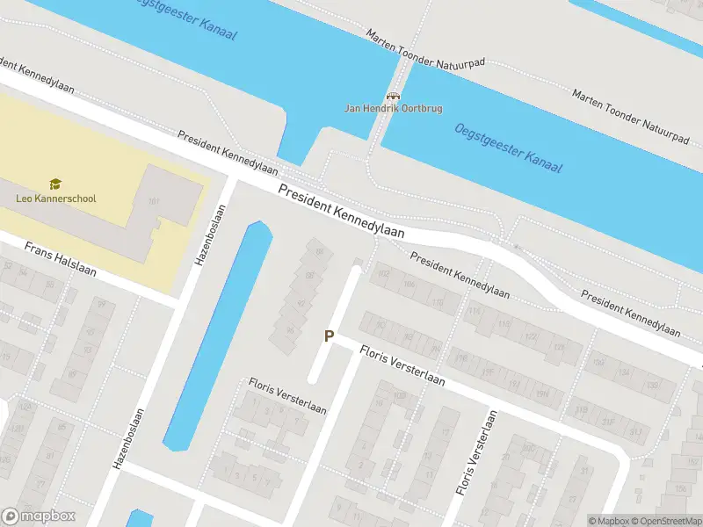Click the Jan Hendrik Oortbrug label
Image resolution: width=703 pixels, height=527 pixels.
point(393,108)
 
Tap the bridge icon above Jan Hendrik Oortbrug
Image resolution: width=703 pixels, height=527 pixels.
point(393,96)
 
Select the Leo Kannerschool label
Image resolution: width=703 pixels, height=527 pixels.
point(56,198)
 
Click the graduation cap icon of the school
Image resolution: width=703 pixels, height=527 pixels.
point(55,184)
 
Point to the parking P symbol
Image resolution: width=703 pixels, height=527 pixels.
point(330,336)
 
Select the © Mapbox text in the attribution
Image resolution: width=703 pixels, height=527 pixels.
point(609,521)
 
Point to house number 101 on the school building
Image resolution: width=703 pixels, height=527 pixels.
point(154,204)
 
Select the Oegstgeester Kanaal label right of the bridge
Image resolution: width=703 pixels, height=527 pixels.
point(508,148)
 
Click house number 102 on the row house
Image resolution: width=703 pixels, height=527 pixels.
point(383,273)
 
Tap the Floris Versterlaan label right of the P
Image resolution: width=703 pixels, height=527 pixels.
point(402,367)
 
